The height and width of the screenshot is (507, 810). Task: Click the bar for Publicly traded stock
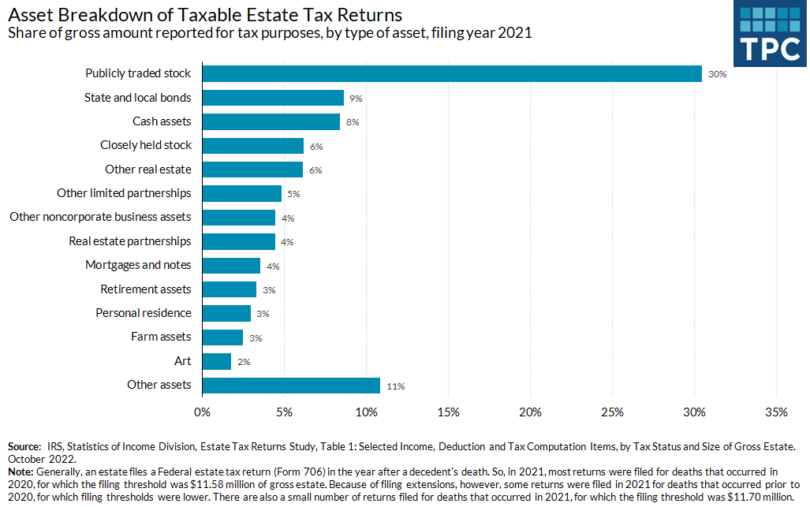point(452,73)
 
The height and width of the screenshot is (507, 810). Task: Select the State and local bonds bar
point(273,98)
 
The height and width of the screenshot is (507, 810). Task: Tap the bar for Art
point(217,361)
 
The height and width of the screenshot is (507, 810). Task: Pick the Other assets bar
point(291,385)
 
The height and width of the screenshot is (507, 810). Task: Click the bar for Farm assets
point(222,337)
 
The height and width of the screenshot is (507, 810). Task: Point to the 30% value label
point(716,74)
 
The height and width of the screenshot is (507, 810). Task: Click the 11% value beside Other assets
point(395,386)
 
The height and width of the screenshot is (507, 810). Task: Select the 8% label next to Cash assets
point(353,123)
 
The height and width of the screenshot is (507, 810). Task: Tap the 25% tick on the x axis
point(612,412)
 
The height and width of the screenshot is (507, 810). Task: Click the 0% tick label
point(202,412)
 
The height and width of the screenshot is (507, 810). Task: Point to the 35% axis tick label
point(776,412)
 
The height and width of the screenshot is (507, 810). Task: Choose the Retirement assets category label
point(146,289)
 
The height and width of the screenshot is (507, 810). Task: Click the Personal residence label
point(144,313)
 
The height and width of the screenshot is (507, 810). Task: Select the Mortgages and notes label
point(138,265)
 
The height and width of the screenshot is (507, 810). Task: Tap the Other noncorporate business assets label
point(100,217)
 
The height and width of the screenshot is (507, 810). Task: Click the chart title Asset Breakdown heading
point(204,15)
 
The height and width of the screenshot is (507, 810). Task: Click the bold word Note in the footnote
point(21,471)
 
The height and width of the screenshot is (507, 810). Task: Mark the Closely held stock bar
point(253,146)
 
